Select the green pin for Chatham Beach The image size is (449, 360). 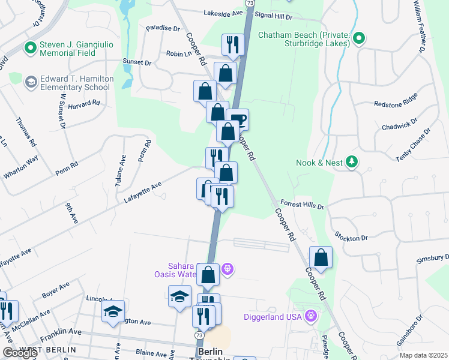click(358, 39)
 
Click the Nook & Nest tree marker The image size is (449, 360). click(352, 162)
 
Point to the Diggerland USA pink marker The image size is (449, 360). click(310, 316)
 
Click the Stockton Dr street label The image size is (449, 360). click(351, 238)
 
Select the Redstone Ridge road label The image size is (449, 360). click(395, 103)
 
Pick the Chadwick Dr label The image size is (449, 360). click(399, 127)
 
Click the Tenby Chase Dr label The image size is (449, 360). click(414, 144)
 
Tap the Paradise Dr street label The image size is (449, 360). click(163, 28)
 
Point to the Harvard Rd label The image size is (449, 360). click(83, 104)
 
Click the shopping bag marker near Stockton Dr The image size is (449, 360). click(321, 257)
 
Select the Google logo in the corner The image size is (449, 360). click(20, 353)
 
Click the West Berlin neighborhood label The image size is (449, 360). click(47, 349)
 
